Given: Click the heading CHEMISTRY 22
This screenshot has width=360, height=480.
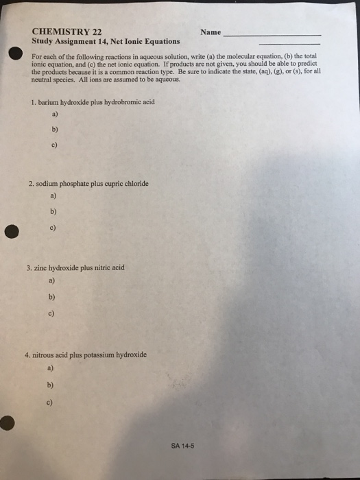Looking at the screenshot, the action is (x=67, y=31).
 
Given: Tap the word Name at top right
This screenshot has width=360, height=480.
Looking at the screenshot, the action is (x=211, y=32).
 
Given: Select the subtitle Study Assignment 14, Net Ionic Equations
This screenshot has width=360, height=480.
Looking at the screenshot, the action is (x=106, y=41).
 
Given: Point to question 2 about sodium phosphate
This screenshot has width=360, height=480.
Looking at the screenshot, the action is (x=88, y=184).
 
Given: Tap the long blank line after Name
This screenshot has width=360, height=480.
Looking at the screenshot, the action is (x=273, y=34).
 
